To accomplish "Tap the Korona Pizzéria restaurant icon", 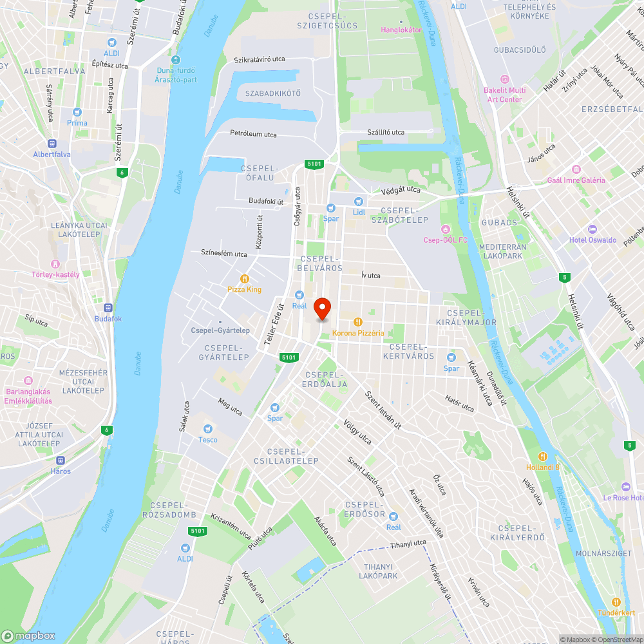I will (358, 322).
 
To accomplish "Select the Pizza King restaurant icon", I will (245, 278).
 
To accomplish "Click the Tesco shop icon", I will (207, 429).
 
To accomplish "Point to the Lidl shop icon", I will (359, 201).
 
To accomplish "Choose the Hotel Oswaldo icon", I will (592, 229).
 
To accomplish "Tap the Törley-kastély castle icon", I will (55, 263).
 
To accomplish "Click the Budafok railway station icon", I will (108, 308).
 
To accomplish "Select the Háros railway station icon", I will (61, 460).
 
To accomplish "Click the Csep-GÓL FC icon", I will (444, 229).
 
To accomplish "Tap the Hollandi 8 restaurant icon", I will (542, 457).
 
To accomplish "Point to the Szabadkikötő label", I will (272, 93).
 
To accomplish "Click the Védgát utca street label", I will (400, 190).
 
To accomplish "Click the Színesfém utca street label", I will (223, 254).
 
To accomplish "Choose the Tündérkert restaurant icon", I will (616, 601).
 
